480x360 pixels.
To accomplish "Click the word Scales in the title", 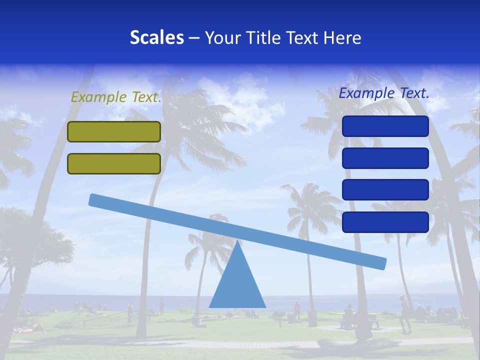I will (x=156, y=38).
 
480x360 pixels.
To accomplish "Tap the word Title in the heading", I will (x=261, y=38).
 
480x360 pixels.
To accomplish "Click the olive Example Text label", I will (x=116, y=97).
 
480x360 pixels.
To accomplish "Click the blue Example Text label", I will (x=384, y=93).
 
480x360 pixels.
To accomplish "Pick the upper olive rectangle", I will (x=114, y=131).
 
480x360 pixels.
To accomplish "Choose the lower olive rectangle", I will (x=114, y=163).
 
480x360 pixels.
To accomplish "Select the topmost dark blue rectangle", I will (x=385, y=126).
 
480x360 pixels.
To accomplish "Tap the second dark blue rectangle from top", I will (x=385, y=158).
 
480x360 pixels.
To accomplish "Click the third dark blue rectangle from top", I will (x=385, y=190).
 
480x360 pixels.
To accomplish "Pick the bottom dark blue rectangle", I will (x=385, y=222).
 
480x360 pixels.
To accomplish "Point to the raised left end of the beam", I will (x=93, y=199).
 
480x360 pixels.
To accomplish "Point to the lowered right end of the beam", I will (x=382, y=263).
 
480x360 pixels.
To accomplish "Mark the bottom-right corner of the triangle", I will (x=265, y=306).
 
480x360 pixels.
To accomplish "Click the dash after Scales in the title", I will (x=194, y=38).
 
